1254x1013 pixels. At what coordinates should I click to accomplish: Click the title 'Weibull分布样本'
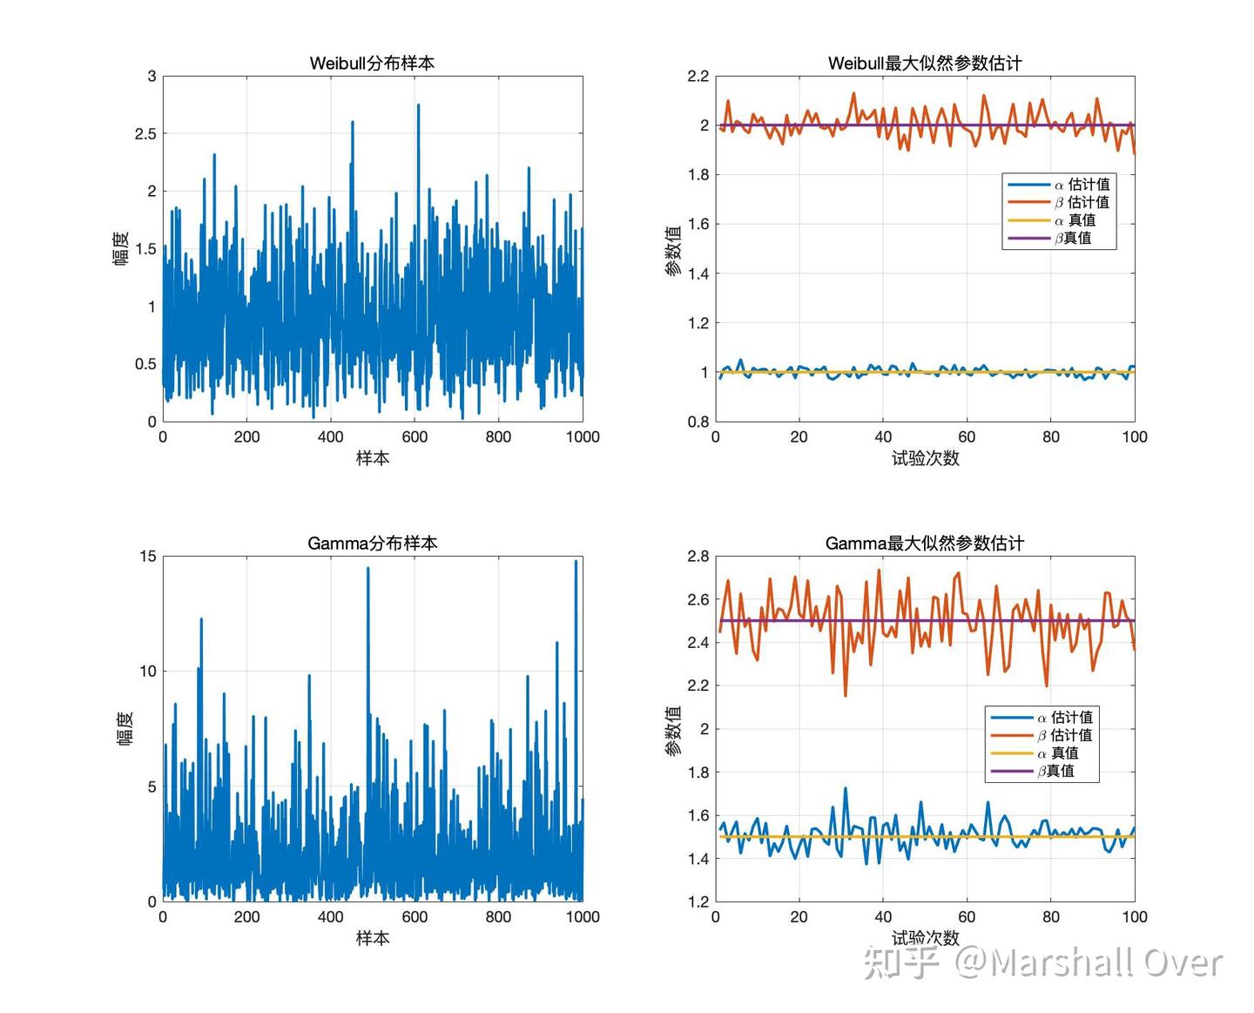click(372, 63)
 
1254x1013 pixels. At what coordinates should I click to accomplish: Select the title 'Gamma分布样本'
click(372, 543)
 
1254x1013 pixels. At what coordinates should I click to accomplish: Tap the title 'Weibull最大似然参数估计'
click(924, 63)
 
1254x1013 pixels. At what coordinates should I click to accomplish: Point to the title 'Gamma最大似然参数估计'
click(924, 543)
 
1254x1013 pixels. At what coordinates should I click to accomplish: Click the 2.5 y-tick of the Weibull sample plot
click(145, 134)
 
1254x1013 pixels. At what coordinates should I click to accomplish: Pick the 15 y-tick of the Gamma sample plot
click(148, 557)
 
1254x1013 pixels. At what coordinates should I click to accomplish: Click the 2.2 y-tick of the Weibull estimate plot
click(698, 77)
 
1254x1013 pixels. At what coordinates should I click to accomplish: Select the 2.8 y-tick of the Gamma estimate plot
click(698, 557)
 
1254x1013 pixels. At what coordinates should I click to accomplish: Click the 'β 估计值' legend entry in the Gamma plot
click(1064, 735)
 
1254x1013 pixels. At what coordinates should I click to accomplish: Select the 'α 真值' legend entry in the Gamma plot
click(1057, 753)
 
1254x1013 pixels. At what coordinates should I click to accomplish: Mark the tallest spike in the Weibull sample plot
click(418, 106)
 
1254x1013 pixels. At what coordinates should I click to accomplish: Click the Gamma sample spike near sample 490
click(367, 570)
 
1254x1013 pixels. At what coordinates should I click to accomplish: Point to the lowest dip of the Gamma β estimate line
click(845, 693)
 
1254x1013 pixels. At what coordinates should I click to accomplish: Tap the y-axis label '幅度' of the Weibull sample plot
click(121, 248)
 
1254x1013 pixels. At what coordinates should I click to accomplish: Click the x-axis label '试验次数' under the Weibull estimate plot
click(925, 458)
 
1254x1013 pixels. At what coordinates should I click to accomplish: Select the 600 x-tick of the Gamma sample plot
click(415, 916)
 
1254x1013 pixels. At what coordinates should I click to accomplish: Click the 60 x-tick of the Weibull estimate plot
click(967, 436)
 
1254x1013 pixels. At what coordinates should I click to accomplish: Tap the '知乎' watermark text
click(901, 962)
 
